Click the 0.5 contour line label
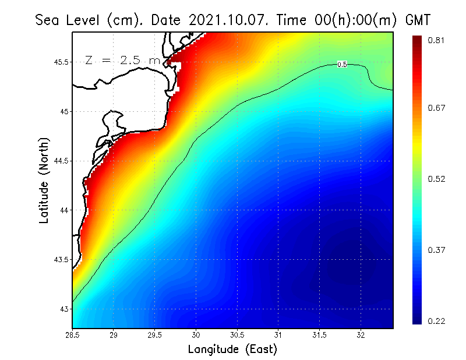click(x=342, y=65)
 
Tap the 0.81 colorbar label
click(x=437, y=40)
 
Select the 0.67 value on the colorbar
click(x=437, y=108)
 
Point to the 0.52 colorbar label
click(x=437, y=179)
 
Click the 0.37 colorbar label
click(x=437, y=250)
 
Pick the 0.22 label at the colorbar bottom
click(x=437, y=321)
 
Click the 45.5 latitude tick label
click(x=61, y=62)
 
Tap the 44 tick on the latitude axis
click(x=65, y=210)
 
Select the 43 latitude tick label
click(x=65, y=308)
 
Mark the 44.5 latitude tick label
click(x=61, y=161)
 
